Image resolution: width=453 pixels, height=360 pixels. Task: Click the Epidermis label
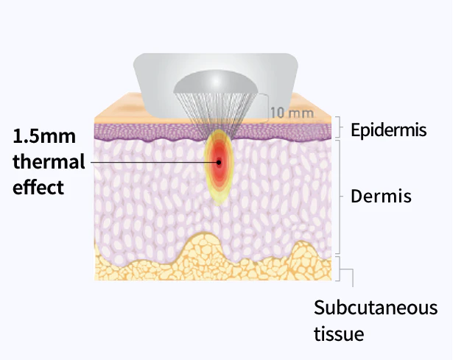(389, 130)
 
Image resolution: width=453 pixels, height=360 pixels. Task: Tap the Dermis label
(381, 196)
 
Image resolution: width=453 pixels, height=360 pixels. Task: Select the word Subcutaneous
(376, 308)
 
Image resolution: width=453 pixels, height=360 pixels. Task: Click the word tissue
(339, 333)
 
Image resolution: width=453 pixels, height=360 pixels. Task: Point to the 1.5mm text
(44, 135)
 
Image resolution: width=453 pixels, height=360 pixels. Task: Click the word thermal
(49, 161)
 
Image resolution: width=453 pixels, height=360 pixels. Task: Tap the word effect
(38, 187)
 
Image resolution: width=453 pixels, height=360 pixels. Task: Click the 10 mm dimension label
(292, 113)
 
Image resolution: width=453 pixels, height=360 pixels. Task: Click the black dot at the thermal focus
(219, 162)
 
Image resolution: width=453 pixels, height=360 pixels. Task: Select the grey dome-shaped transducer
(216, 82)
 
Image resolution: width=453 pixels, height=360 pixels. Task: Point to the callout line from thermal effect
(154, 162)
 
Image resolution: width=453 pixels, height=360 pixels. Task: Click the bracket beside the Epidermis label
(339, 127)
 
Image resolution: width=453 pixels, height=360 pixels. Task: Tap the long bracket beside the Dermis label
(340, 197)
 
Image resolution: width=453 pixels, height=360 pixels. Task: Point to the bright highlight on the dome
(216, 82)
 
